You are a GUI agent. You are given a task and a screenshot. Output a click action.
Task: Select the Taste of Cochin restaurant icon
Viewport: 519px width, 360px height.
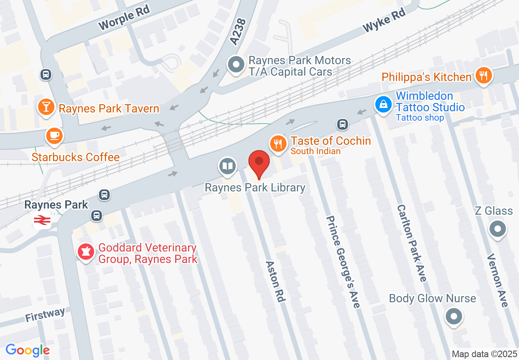tap(278, 144)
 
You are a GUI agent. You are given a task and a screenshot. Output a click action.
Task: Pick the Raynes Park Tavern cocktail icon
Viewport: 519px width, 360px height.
tap(46, 107)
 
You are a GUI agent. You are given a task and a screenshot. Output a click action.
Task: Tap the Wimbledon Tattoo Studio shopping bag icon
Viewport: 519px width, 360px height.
tap(384, 104)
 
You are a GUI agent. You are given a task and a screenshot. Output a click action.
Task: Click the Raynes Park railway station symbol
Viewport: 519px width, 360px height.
tap(42, 221)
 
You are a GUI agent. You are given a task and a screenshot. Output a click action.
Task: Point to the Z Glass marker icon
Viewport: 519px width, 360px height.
tap(498, 229)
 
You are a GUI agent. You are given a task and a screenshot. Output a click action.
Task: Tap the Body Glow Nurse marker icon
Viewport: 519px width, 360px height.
tap(454, 316)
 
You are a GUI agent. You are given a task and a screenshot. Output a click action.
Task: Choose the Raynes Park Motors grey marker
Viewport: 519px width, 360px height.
tap(236, 65)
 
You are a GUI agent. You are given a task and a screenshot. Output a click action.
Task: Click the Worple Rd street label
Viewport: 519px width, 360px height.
tap(124, 19)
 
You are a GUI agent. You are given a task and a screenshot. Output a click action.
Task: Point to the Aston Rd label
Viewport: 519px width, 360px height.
tap(275, 281)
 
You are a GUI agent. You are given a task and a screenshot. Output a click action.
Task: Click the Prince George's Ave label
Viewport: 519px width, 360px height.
tap(343, 262)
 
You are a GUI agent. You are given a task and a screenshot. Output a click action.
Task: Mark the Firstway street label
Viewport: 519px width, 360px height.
tap(45, 315)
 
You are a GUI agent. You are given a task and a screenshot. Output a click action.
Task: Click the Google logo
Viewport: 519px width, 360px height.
tap(28, 350)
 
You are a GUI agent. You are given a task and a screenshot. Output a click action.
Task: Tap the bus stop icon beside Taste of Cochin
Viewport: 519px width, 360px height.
tap(343, 124)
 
